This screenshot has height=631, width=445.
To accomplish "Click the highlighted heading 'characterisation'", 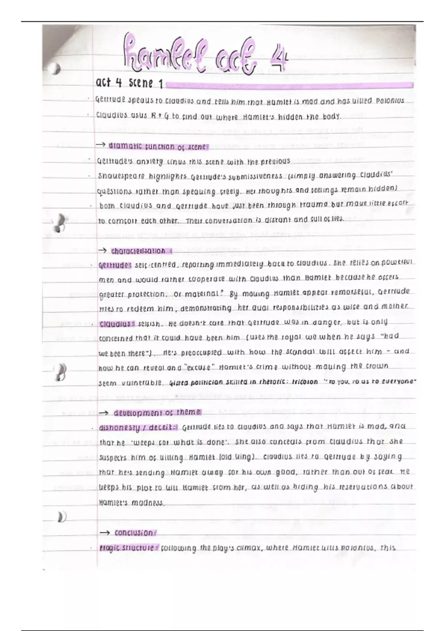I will (138, 251).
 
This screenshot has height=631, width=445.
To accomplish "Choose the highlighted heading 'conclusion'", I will (133, 533).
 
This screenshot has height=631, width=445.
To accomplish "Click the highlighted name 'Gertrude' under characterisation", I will (115, 265).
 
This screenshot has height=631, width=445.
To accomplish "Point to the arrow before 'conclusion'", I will (105, 533).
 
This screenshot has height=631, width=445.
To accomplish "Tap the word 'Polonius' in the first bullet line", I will (390, 101).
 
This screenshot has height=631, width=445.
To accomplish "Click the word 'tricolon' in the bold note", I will (305, 382).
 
